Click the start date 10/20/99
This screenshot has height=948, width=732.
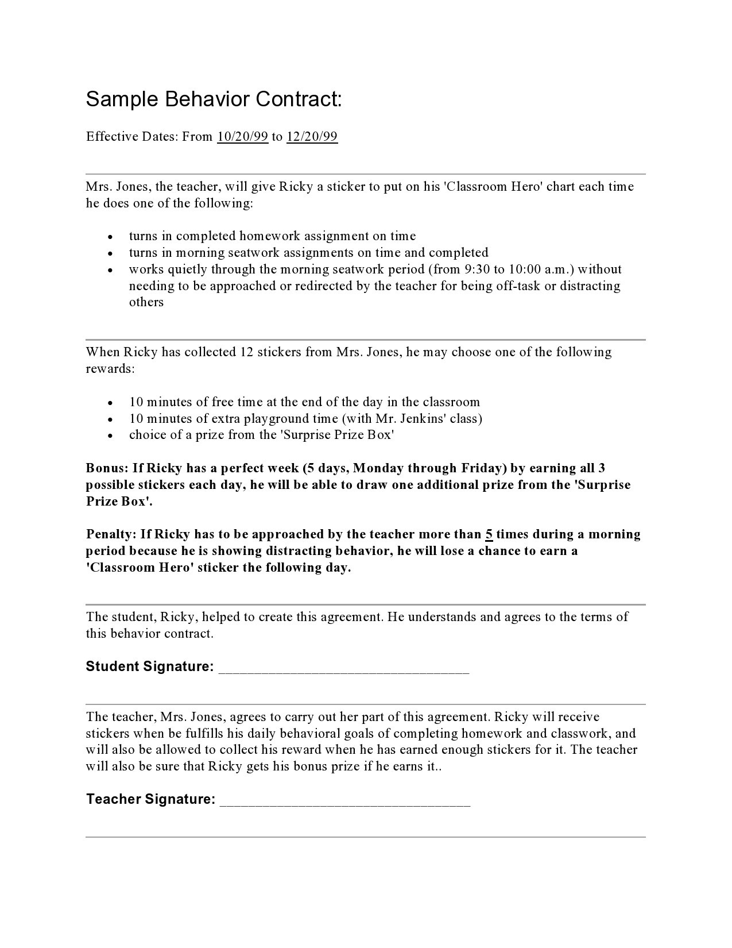pyautogui.click(x=243, y=137)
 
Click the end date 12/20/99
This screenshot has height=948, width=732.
pyautogui.click(x=312, y=137)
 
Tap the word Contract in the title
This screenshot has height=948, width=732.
pyautogui.click(x=299, y=100)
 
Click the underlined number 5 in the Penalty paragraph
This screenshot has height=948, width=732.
pyautogui.click(x=489, y=534)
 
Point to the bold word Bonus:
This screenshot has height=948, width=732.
pyautogui.click(x=107, y=468)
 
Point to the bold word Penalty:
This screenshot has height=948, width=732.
pyautogui.click(x=111, y=534)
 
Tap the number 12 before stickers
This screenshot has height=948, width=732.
pyautogui.click(x=246, y=352)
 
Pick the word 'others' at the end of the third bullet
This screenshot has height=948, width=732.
pyautogui.click(x=146, y=303)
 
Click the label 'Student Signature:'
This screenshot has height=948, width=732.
pyautogui.click(x=150, y=666)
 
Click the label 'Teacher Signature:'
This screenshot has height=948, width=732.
pyautogui.click(x=151, y=799)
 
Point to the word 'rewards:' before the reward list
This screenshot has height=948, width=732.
pyautogui.click(x=110, y=369)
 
